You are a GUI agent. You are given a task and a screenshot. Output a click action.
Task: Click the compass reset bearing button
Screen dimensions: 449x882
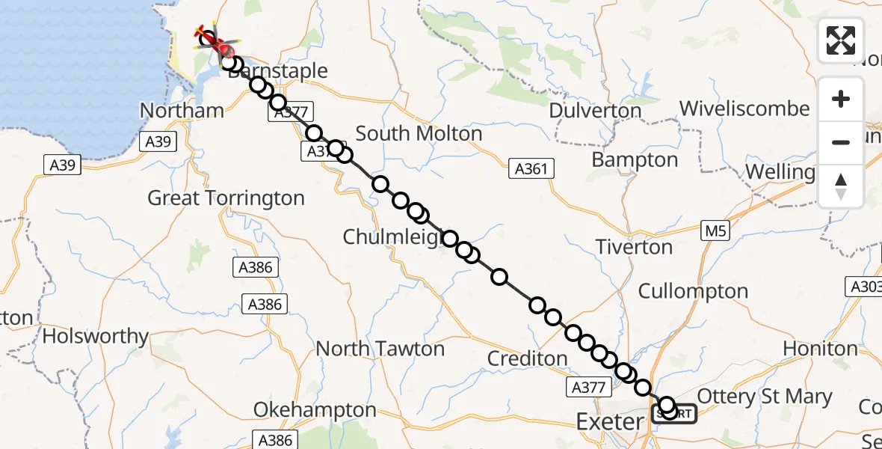click(x=841, y=186)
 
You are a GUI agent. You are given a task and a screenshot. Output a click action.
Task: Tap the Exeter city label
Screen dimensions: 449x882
click(x=609, y=422)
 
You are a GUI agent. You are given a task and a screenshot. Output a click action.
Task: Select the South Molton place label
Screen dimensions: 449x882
click(x=419, y=134)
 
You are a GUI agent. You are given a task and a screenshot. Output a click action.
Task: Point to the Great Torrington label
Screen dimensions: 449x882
click(x=226, y=198)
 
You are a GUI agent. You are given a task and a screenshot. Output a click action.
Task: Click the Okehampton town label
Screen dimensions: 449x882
click(x=315, y=410)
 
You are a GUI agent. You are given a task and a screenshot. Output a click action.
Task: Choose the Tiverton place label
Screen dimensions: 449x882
click(x=634, y=247)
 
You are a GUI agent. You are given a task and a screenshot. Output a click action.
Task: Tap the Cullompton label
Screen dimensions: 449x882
click(x=693, y=291)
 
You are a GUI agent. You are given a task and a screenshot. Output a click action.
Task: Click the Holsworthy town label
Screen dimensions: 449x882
click(x=96, y=336)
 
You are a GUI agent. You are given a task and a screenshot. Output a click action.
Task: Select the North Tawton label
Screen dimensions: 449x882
click(x=380, y=349)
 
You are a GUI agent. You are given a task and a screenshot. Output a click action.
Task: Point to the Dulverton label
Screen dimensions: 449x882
click(x=595, y=111)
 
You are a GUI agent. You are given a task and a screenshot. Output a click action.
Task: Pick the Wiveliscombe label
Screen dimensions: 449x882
click(x=744, y=109)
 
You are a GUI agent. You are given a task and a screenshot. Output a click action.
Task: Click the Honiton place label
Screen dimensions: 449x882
click(x=820, y=349)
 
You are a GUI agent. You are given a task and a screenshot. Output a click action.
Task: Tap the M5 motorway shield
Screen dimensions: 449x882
click(x=715, y=232)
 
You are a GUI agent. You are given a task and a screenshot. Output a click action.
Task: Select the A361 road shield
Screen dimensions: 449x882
click(x=529, y=169)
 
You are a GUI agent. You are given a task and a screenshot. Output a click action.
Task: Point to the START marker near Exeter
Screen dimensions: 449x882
click(x=675, y=414)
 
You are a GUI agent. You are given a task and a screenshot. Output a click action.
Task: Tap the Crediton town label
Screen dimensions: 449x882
click(x=528, y=358)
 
